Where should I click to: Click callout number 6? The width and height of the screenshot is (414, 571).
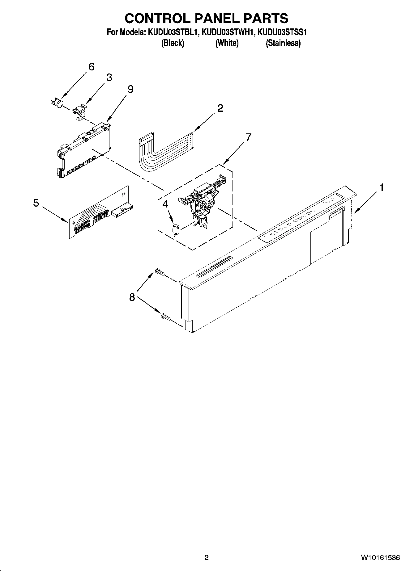point(91,67)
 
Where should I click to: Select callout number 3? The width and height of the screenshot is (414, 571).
point(109,78)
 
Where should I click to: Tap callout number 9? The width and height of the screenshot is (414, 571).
point(130,89)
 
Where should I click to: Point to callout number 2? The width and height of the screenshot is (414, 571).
point(220,108)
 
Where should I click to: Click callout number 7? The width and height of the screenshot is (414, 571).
point(248,137)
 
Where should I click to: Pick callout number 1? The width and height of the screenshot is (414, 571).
point(382,187)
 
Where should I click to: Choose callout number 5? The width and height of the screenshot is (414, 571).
point(36,203)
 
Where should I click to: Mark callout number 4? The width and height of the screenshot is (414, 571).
point(165,204)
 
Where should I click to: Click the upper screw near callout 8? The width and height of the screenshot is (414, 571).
point(160,271)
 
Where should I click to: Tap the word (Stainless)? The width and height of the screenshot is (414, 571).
point(283,43)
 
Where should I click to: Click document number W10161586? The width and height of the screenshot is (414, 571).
point(380,557)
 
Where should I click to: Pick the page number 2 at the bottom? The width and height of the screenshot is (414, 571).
point(207,557)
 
